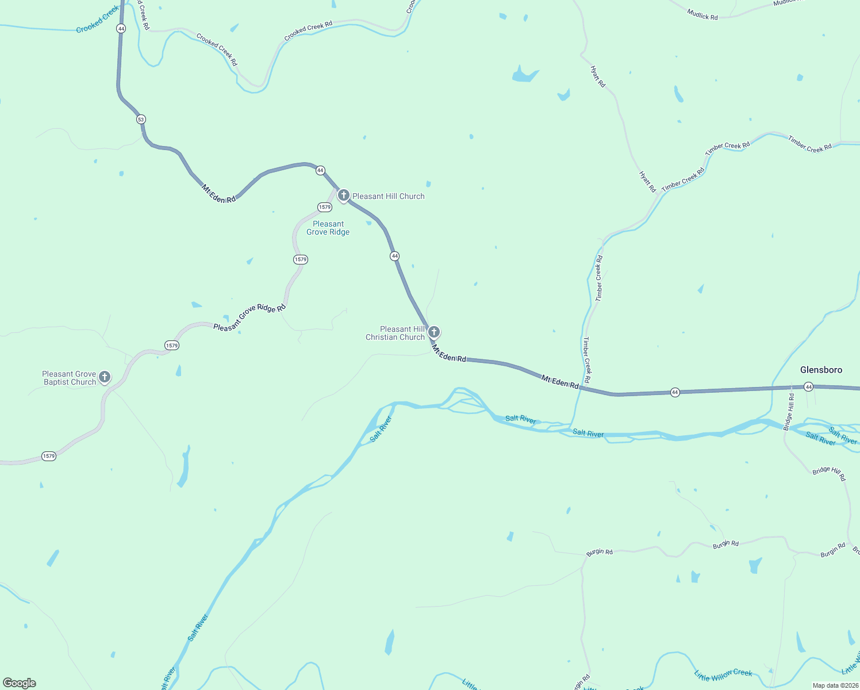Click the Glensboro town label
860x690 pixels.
click(821, 370)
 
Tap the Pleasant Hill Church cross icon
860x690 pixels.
click(343, 195)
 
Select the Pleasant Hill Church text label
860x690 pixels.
click(388, 196)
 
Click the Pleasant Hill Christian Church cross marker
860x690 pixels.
click(434, 332)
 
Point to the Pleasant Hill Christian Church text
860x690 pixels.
click(396, 333)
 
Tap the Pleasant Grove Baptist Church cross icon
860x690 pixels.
click(104, 377)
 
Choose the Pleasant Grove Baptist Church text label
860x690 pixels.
click(69, 378)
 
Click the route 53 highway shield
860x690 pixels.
click(141, 120)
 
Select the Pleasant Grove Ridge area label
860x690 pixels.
click(328, 228)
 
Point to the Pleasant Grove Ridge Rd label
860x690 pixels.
click(249, 317)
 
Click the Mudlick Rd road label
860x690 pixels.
click(702, 14)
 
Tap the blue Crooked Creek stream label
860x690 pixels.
click(98, 19)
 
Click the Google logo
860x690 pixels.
click(20, 683)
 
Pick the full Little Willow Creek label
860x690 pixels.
click(723, 674)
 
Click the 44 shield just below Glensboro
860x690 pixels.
click(808, 386)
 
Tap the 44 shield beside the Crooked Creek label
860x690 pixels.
click(121, 28)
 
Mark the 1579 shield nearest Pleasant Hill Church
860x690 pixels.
click(325, 207)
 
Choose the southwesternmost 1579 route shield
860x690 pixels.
click(49, 456)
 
